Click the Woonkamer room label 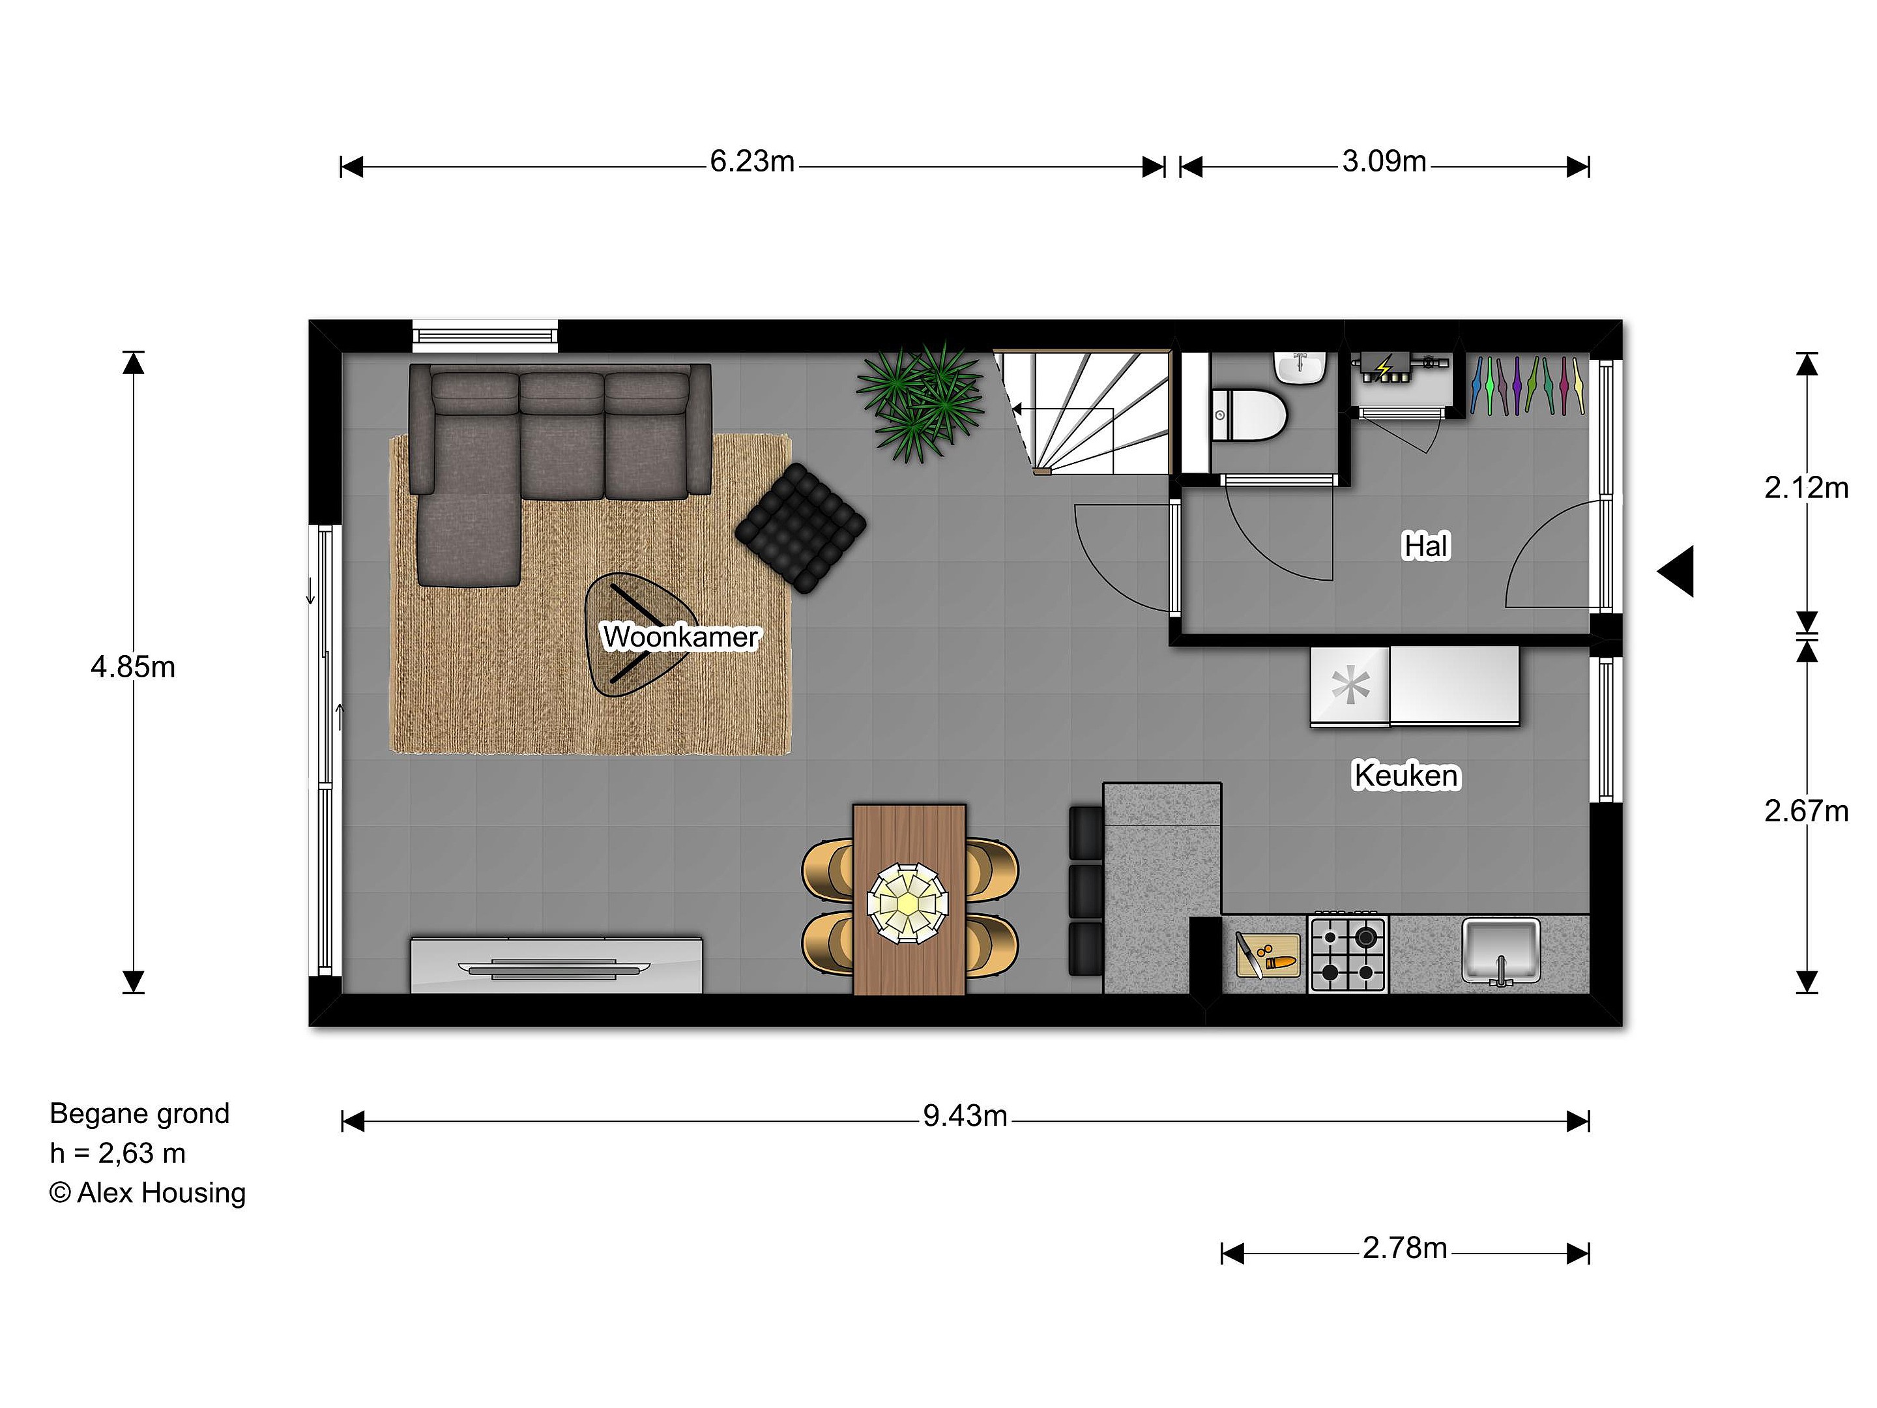(x=680, y=636)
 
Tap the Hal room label (x=1427, y=546)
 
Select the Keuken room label (x=1406, y=776)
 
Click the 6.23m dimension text (x=752, y=161)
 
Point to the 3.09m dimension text (x=1384, y=161)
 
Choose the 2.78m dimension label (x=1404, y=1248)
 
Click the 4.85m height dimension (x=133, y=667)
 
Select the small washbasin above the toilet (x=1300, y=368)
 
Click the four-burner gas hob (x=1348, y=953)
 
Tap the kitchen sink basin (x=1501, y=950)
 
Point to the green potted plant (x=922, y=402)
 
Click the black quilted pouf (x=800, y=528)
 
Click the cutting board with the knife (x=1268, y=956)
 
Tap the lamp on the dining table (x=907, y=903)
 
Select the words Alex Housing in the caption (x=161, y=1192)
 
